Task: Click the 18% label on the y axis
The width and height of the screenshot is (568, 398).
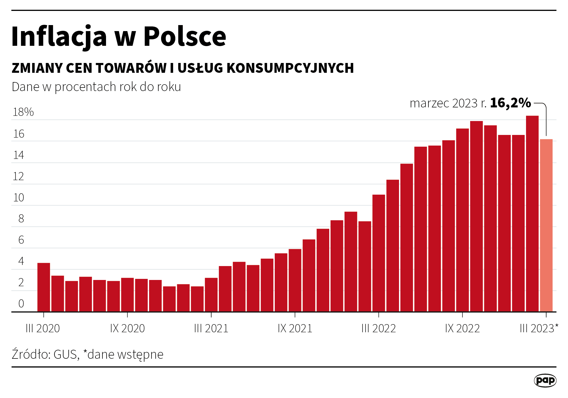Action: pyautogui.click(x=23, y=112)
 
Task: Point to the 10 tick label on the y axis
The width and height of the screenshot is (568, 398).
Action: pyautogui.click(x=19, y=198)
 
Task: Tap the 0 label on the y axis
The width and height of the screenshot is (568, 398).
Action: pyautogui.click(x=21, y=304)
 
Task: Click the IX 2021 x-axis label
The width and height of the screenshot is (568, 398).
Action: pyautogui.click(x=295, y=328)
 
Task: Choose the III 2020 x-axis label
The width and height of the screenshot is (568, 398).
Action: pyautogui.click(x=43, y=328)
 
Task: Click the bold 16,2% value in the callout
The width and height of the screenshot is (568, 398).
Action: pyautogui.click(x=510, y=103)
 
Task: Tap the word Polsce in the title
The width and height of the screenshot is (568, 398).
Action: pyautogui.click(x=185, y=37)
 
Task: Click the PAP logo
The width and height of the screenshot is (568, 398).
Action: pyautogui.click(x=545, y=380)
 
